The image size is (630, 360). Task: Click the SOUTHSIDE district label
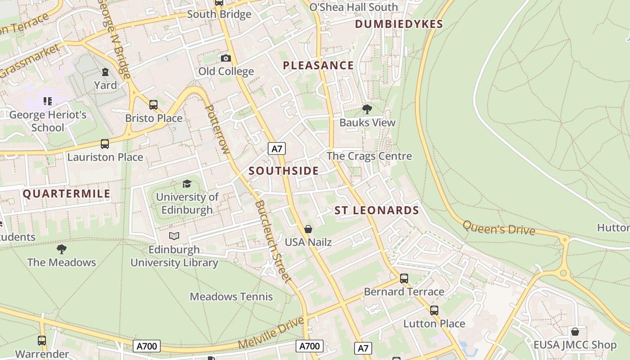coord(283,171)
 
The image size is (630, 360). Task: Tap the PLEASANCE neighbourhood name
coord(318,66)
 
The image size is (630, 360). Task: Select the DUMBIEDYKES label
coord(399,24)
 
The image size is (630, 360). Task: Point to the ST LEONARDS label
coord(377,211)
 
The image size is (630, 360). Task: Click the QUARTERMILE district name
coord(67,194)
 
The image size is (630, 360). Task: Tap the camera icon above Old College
coord(226,58)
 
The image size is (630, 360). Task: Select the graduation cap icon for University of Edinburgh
coord(187,184)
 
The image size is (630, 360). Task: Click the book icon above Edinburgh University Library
coord(174,236)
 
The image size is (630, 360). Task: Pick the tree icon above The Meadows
coord(62,249)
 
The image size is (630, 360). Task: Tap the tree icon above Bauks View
coord(367,109)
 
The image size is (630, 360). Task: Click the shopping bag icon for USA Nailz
coord(308,229)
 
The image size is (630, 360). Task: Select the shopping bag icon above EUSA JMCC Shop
coord(575,332)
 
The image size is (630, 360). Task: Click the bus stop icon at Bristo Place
coord(153,105)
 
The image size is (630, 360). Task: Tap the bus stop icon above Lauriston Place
coord(105,144)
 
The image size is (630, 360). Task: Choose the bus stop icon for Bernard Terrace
coord(404,279)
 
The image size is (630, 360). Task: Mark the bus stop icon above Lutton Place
coord(434,310)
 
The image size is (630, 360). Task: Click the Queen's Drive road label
coord(499,228)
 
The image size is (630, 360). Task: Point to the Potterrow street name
coord(218,129)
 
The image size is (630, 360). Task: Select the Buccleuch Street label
coord(273,241)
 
